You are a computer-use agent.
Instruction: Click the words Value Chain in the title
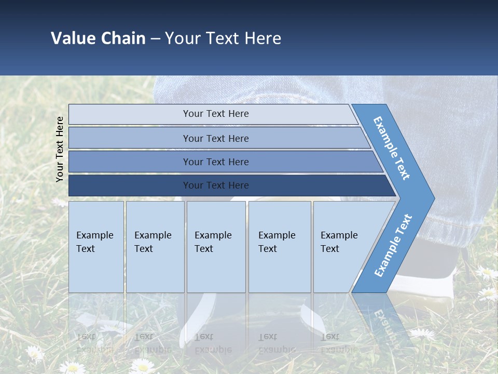(x=98, y=38)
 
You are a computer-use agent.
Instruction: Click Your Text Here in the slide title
(x=223, y=38)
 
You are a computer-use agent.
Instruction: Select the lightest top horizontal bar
(x=213, y=114)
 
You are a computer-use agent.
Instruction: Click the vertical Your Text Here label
(x=60, y=149)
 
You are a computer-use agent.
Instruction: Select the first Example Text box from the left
(x=96, y=247)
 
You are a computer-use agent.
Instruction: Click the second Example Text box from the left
(x=155, y=247)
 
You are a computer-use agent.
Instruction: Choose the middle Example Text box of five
(x=216, y=247)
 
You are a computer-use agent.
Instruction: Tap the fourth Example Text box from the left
(x=279, y=247)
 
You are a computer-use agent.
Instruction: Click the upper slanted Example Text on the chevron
(x=392, y=148)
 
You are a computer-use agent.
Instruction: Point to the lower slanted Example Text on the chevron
(x=393, y=245)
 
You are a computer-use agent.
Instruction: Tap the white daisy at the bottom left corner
(x=35, y=353)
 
